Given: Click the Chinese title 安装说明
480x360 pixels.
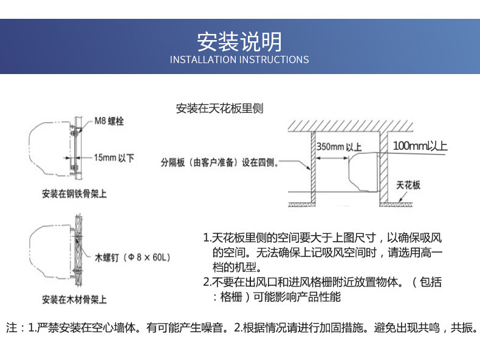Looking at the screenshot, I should tap(239, 41).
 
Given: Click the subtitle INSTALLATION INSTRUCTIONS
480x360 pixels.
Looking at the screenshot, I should tap(239, 59).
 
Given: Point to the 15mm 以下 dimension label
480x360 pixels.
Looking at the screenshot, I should tap(114, 158).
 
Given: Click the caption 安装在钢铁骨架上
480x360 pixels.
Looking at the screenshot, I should tap(75, 194).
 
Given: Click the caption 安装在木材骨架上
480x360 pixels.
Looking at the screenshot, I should tap(75, 299).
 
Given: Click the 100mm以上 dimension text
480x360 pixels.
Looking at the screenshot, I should tap(420, 146).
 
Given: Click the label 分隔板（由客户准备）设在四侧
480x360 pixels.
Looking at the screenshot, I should tap(219, 162).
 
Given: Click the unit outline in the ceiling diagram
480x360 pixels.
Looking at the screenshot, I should tap(363, 173).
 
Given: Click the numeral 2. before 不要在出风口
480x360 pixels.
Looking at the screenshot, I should tap(207, 282).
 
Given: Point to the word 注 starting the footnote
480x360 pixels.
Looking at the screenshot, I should tap(12, 328).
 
